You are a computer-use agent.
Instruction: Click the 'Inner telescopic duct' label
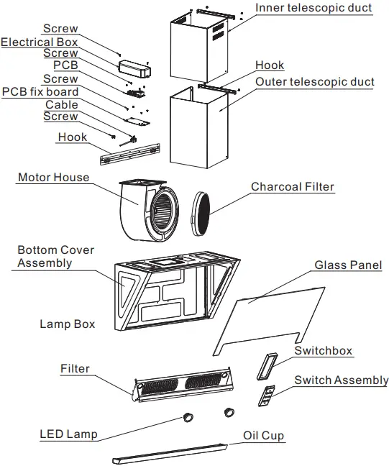coord(314,8)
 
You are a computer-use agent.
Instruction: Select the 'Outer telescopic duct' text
coord(315,81)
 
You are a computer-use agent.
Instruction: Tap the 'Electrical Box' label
coord(40,42)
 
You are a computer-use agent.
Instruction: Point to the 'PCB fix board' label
coord(40,92)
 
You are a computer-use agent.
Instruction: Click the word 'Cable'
coord(62,104)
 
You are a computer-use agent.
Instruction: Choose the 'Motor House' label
coord(54,177)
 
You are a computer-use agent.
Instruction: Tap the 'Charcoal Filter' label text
coord(293,187)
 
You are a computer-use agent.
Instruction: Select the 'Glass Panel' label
coord(348,265)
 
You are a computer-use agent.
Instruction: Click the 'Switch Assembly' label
coord(342,380)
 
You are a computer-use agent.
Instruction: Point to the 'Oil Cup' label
coord(263,436)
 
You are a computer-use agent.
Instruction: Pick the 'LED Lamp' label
coord(68,434)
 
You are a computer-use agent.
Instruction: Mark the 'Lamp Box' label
coord(67,324)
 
